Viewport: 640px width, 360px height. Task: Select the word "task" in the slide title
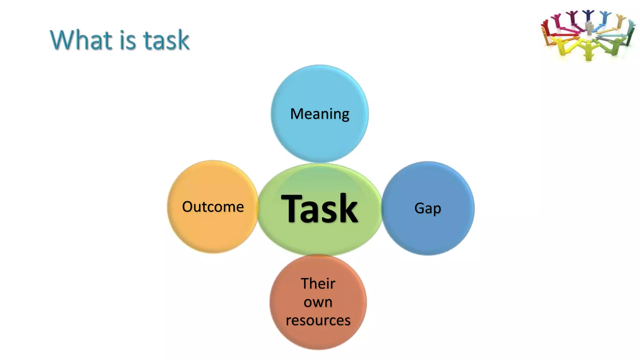pos(166,40)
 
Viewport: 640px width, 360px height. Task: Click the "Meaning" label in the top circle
pos(319,114)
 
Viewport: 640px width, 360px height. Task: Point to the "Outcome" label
pos(213,207)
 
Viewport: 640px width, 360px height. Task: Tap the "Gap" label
pos(427,208)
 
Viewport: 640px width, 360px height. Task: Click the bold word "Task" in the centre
pos(319,208)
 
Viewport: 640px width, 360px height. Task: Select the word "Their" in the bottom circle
pos(318,283)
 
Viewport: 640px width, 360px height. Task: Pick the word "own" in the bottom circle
pos(318,302)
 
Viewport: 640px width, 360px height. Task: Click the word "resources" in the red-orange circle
pos(318,320)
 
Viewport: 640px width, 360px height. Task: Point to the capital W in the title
pos(64,40)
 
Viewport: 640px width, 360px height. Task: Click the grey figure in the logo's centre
pos(589,27)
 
